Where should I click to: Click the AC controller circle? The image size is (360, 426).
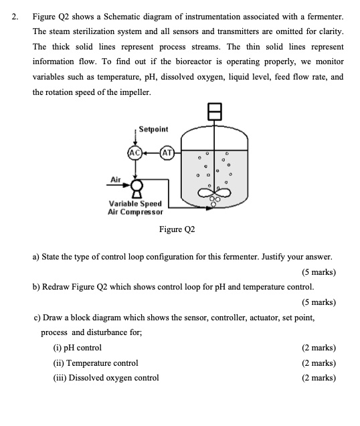tap(134, 152)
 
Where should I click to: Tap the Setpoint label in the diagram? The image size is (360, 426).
tap(154, 128)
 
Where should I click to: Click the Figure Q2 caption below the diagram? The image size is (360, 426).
tap(177, 229)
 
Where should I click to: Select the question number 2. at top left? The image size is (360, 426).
tap(15, 15)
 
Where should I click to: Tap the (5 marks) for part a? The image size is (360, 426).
tap(319, 272)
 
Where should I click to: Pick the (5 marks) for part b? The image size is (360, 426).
tap(319, 302)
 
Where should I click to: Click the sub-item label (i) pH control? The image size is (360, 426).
tap(77, 348)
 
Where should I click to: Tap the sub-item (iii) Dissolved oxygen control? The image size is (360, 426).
tap(106, 378)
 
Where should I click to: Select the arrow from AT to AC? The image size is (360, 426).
tap(151, 152)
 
